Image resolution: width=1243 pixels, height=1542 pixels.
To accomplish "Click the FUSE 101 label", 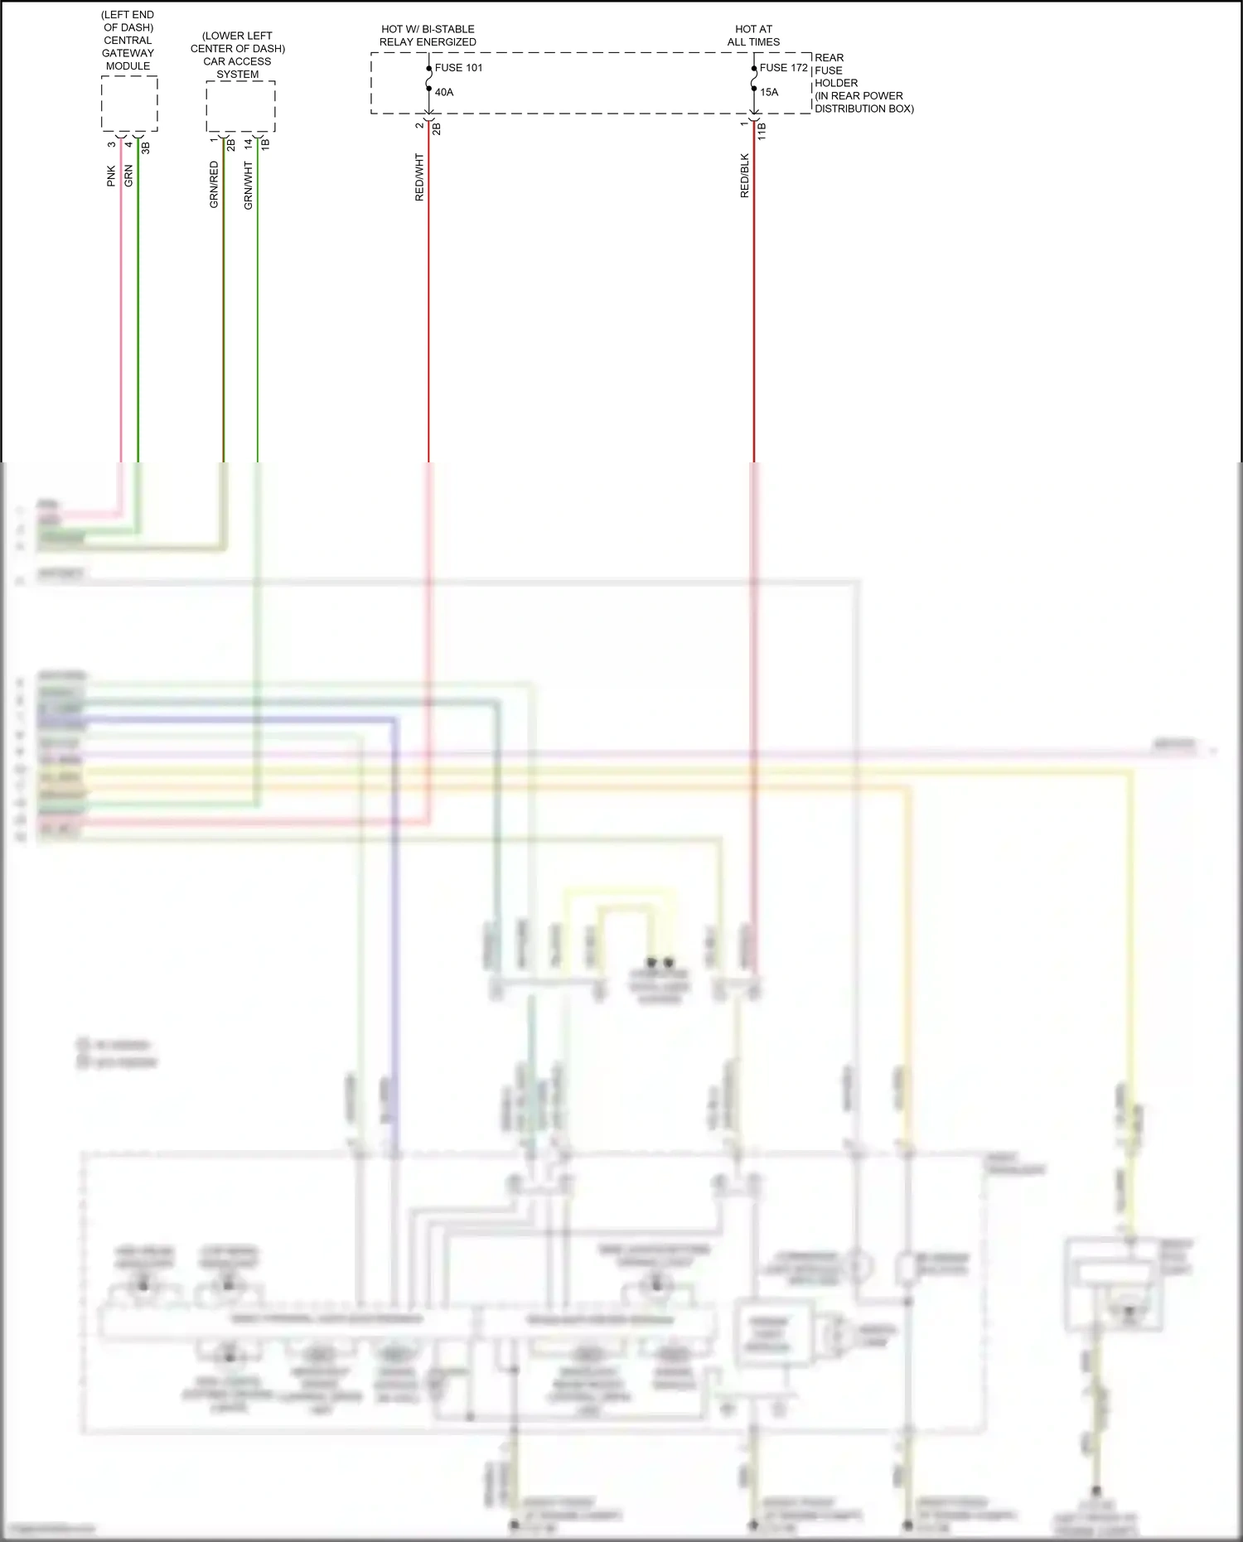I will [458, 68].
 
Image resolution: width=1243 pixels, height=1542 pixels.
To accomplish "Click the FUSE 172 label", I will [783, 68].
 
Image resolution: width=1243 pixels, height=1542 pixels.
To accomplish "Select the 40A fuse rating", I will [444, 92].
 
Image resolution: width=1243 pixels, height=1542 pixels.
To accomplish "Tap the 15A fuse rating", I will [769, 92].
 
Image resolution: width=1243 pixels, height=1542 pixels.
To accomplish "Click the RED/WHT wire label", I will [419, 177].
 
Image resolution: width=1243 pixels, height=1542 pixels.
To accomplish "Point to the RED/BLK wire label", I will [744, 176].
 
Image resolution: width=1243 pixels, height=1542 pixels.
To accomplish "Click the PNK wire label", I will [111, 176].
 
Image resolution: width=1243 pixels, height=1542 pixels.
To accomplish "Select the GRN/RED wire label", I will [214, 185].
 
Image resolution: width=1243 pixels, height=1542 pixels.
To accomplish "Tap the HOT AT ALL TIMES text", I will [753, 36].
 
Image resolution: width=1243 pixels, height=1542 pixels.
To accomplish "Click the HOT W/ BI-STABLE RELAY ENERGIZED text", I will [428, 36].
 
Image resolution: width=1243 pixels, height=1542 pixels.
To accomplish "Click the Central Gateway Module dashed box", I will [129, 104].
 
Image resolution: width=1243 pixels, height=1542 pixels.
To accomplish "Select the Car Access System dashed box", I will [240, 106].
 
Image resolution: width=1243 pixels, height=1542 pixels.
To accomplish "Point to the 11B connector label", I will [762, 131].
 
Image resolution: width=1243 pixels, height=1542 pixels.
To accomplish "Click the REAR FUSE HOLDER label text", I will [863, 83].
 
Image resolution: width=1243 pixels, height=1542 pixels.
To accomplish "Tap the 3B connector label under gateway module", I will [146, 147].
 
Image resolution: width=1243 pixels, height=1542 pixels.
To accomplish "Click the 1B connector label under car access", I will [265, 143].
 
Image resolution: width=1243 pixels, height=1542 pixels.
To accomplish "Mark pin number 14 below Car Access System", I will [248, 143].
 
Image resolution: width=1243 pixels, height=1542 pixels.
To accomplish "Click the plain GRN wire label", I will [128, 176].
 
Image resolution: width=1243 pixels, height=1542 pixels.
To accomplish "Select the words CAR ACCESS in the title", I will [237, 61].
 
